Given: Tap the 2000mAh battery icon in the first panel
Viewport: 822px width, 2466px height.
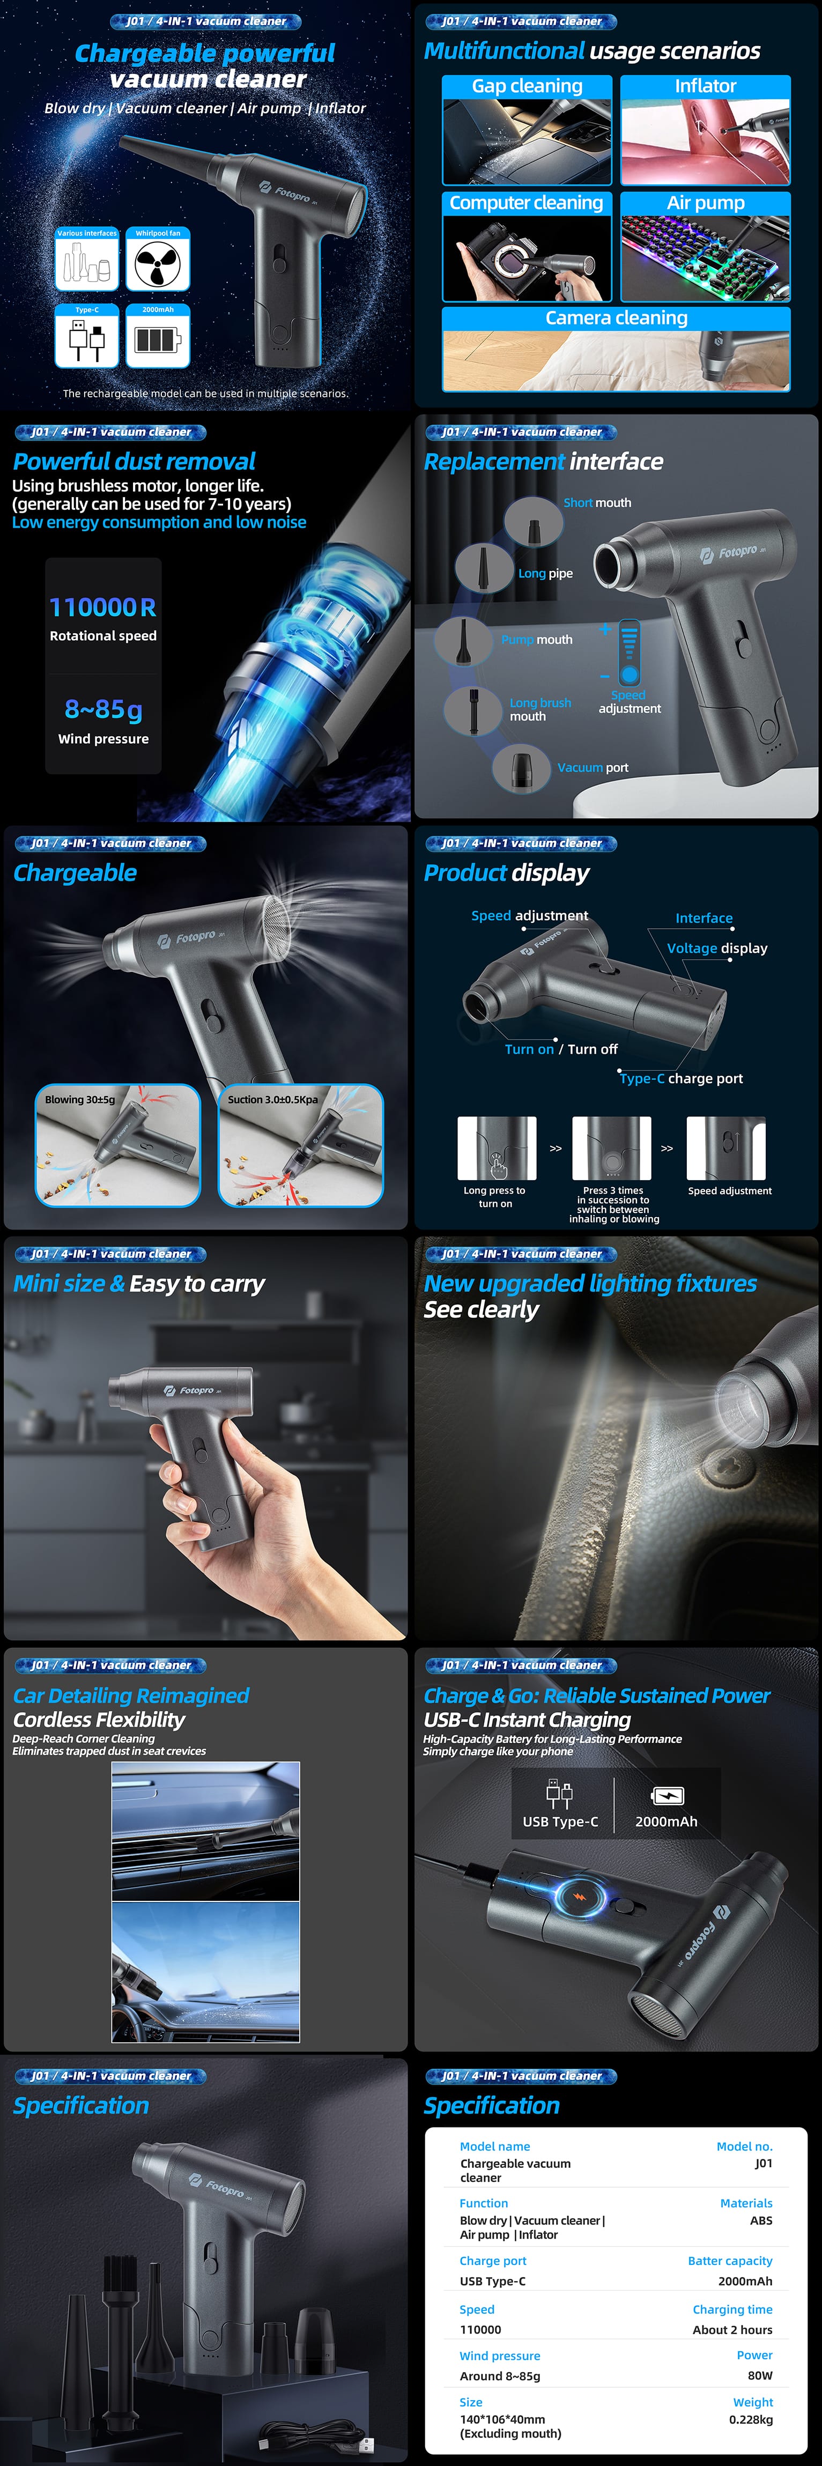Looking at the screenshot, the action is (158, 339).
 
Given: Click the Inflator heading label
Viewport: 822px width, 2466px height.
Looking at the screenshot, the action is (705, 86).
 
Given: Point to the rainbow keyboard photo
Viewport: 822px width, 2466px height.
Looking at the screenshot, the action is (705, 256).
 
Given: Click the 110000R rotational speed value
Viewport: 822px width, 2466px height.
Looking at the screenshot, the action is (102, 607).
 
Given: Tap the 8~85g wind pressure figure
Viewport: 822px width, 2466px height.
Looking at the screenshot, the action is (103, 709).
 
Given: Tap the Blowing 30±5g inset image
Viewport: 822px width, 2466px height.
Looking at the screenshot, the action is (118, 1145).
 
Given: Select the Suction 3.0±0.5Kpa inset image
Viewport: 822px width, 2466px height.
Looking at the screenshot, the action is (300, 1145).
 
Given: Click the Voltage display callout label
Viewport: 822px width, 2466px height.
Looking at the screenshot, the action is (717, 947).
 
